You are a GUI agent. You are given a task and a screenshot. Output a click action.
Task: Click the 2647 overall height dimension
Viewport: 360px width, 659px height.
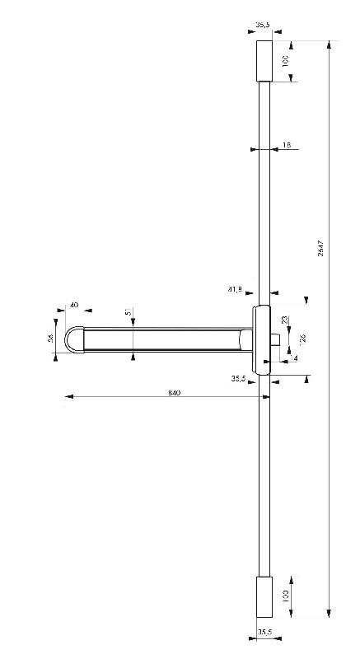pyautogui.click(x=320, y=248)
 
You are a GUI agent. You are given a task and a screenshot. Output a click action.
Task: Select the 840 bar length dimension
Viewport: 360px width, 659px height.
pyautogui.click(x=174, y=392)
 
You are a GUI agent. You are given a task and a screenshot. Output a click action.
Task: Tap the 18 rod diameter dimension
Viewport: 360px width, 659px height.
pyautogui.click(x=287, y=145)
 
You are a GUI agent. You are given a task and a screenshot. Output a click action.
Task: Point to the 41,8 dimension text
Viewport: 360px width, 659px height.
pyautogui.click(x=235, y=289)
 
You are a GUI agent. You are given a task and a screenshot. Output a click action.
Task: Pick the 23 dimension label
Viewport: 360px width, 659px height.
pyautogui.click(x=285, y=320)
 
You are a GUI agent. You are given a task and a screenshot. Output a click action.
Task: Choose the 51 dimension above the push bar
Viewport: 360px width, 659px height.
pyautogui.click(x=128, y=314)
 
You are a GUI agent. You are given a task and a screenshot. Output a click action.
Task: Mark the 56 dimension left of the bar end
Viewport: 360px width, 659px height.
pyautogui.click(x=51, y=339)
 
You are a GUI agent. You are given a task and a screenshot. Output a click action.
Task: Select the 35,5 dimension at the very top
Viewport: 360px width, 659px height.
pyautogui.click(x=263, y=26)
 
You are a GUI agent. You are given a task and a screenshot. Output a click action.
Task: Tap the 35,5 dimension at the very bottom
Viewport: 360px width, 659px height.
pyautogui.click(x=264, y=632)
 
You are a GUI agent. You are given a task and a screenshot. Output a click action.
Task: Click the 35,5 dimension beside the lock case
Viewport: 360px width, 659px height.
pyautogui.click(x=239, y=378)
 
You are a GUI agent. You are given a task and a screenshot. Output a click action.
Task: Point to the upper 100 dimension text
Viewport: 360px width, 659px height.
pyautogui.click(x=286, y=62)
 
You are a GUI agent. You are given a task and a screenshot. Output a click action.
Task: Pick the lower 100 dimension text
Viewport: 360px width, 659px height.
pyautogui.click(x=286, y=596)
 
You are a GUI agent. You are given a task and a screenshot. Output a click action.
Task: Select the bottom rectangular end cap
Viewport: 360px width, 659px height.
pyautogui.click(x=264, y=595)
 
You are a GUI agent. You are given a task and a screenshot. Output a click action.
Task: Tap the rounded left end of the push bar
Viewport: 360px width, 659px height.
pyautogui.click(x=74, y=340)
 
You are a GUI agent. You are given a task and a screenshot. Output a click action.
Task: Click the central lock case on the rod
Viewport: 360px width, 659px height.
pyautogui.click(x=261, y=338)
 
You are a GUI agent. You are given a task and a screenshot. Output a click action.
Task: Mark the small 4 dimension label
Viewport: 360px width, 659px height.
pyautogui.click(x=296, y=358)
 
